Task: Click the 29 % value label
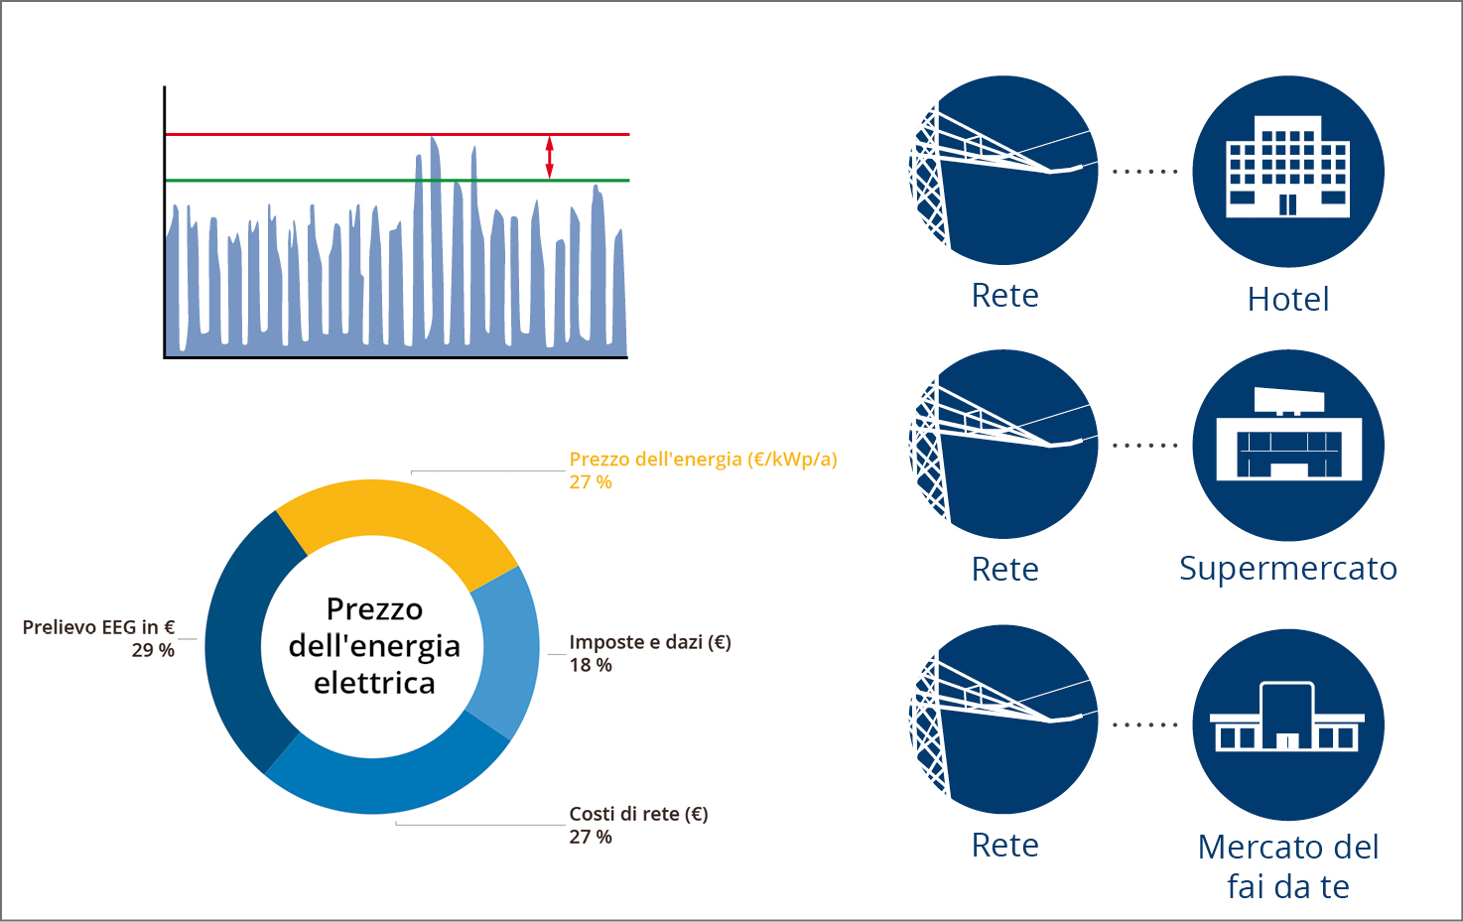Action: (x=153, y=650)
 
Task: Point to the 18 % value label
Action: (x=591, y=665)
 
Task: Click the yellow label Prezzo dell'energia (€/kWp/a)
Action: (x=703, y=460)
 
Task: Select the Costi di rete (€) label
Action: (x=639, y=814)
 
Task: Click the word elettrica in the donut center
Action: (x=374, y=684)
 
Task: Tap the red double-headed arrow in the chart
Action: (x=549, y=158)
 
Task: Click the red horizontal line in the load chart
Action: (x=397, y=135)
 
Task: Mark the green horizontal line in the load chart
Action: (x=397, y=181)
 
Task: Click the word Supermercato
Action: (x=1288, y=569)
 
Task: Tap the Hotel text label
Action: (x=1288, y=299)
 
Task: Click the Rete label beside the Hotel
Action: (x=1004, y=295)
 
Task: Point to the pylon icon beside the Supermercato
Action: (x=1003, y=444)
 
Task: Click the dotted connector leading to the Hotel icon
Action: (x=1145, y=172)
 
